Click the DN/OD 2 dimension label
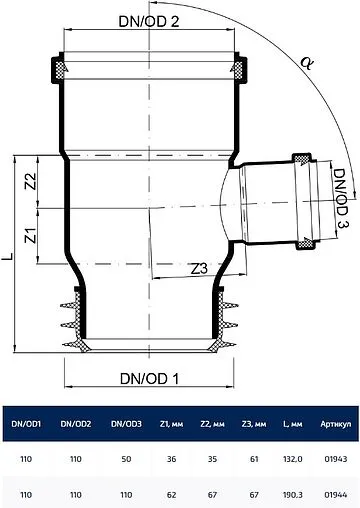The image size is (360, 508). [x=149, y=22]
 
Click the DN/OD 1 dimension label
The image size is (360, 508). [x=149, y=379]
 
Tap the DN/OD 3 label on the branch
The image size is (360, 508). [x=340, y=198]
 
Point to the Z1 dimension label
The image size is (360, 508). [x=31, y=235]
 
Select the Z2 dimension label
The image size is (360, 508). [x=31, y=181]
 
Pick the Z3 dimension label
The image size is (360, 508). [x=199, y=269]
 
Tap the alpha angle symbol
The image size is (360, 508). [x=307, y=62]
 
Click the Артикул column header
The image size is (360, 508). [x=336, y=424]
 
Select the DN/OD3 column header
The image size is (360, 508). [x=126, y=424]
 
